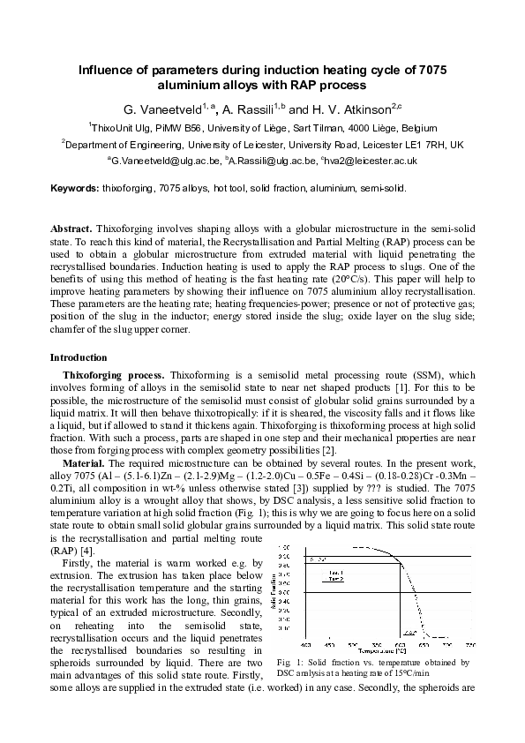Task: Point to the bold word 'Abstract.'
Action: [x=71, y=229]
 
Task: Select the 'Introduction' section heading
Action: [x=79, y=357]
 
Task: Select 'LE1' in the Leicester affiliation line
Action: [x=424, y=144]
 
